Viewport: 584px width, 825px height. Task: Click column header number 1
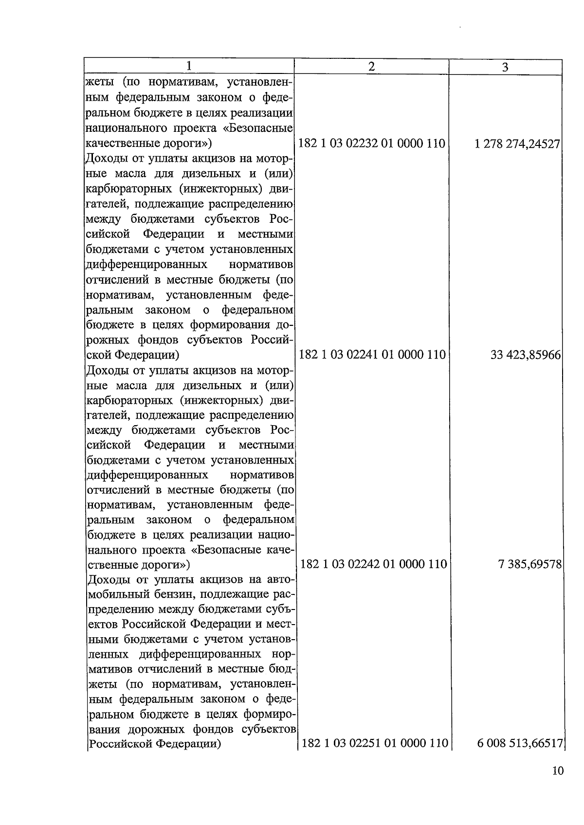pyautogui.click(x=189, y=66)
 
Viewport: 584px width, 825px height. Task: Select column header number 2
pyautogui.click(x=371, y=67)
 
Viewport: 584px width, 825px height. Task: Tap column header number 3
pyautogui.click(x=505, y=67)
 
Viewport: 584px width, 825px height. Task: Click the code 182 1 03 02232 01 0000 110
pyautogui.click(x=372, y=144)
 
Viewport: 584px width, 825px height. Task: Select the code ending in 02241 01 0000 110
pyautogui.click(x=372, y=355)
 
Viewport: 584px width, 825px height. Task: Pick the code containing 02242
pyautogui.click(x=373, y=564)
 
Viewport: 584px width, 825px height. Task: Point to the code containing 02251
pyautogui.click(x=375, y=743)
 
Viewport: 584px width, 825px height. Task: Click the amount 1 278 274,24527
pyautogui.click(x=518, y=144)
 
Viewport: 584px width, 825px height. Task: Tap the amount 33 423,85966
pyautogui.click(x=526, y=355)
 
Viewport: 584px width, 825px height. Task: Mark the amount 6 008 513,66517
pyautogui.click(x=520, y=744)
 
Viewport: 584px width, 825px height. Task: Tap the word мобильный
pyautogui.click(x=117, y=594)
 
